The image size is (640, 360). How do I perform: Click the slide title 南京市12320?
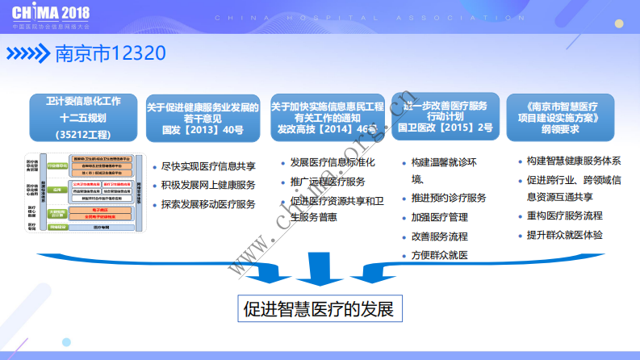[110, 54]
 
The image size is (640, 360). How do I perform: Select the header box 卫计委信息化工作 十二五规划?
[83, 118]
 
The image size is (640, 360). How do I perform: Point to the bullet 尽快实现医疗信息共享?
[209, 166]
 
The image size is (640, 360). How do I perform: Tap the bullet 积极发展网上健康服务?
[209, 186]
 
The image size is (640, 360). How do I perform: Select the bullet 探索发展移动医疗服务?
[209, 205]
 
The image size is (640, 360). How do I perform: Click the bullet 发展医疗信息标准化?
[332, 162]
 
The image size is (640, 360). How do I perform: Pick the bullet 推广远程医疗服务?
[327, 182]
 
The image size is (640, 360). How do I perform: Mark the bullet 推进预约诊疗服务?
[449, 198]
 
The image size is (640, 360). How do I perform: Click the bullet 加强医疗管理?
[439, 217]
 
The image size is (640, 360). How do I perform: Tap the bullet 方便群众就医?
[439, 256]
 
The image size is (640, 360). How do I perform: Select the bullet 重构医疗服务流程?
[565, 216]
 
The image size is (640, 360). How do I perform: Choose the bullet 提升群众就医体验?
[565, 235]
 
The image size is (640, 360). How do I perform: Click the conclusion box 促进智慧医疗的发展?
[320, 308]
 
